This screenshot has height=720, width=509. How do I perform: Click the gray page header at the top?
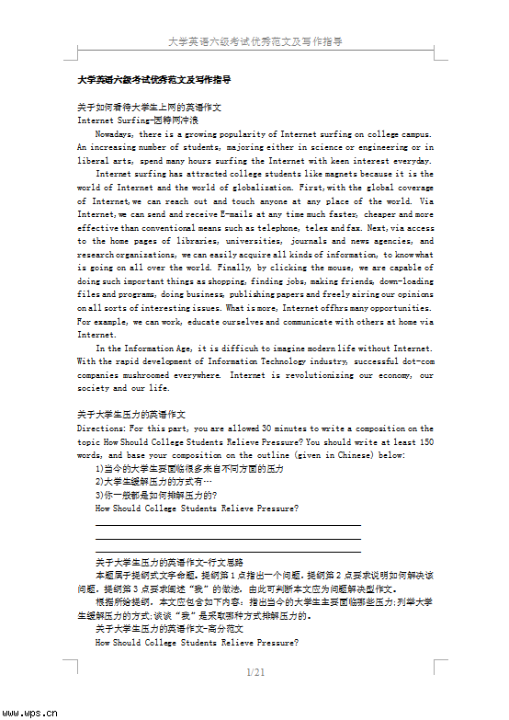(255, 41)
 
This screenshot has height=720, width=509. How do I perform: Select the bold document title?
(154, 80)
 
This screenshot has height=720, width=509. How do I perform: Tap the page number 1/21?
(255, 673)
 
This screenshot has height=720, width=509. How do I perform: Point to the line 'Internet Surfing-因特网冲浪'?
(138, 120)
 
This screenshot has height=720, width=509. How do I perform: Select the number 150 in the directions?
(425, 441)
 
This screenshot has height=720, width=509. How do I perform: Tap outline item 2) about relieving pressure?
(153, 481)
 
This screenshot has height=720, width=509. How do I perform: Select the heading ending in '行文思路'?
(169, 561)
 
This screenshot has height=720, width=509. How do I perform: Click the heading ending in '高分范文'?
(169, 629)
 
